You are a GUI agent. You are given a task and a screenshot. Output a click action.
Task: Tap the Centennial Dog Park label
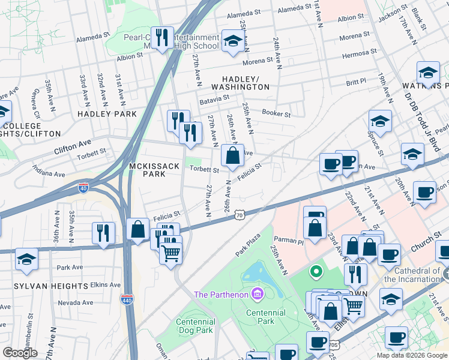coord(196,326)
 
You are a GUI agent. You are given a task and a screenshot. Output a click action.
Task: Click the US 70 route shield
coord(239,214)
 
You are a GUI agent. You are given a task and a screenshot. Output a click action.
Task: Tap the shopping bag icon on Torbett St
coord(232,155)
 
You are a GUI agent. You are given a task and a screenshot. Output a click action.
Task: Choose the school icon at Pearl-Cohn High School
coord(231,41)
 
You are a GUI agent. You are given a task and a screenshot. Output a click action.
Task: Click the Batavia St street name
coord(214,97)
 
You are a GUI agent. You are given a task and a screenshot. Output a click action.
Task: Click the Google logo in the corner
coord(20,353)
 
